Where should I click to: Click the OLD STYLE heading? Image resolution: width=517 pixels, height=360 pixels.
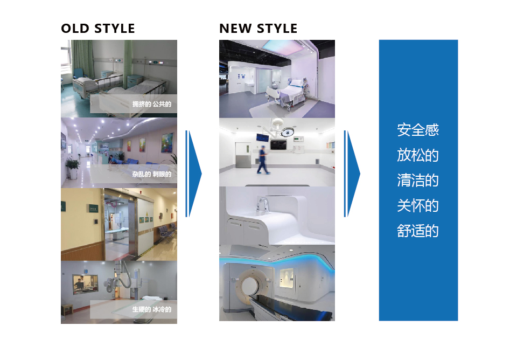coord(98,29)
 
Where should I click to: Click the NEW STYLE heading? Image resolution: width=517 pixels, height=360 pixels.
coord(258,29)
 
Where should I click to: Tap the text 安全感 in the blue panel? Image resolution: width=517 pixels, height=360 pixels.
coord(418,130)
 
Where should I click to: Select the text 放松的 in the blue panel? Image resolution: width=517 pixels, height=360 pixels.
coord(418,155)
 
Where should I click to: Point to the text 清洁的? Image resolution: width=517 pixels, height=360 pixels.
coord(418,181)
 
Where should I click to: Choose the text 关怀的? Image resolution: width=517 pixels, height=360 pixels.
coord(418,205)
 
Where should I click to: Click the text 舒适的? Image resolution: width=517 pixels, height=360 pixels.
coord(418,231)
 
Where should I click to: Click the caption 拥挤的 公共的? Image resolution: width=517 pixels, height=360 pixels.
coord(152,104)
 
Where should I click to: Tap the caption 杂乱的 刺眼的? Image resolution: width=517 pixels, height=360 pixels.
coord(152,174)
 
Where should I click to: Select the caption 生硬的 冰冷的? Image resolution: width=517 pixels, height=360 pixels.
coord(152,309)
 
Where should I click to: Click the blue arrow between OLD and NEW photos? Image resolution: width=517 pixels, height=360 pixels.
coord(193,174)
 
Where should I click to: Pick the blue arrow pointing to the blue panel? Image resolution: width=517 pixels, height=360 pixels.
coord(352,174)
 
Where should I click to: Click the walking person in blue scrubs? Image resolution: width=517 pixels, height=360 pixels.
coord(263,160)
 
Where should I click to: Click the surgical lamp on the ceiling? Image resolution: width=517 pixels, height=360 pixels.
coord(287,133)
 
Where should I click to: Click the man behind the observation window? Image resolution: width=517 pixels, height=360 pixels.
coord(79,284)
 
